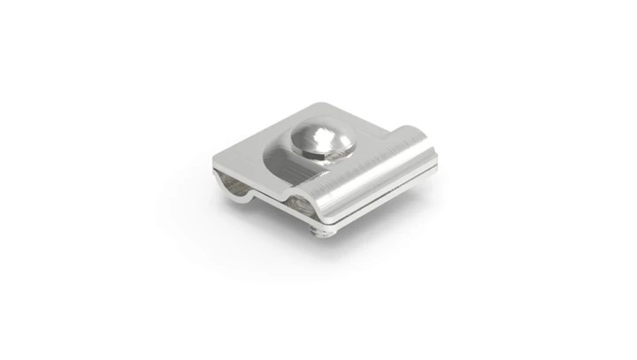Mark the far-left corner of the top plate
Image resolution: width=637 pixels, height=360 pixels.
tap(214, 159)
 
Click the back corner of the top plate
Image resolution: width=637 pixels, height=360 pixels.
tap(329, 105)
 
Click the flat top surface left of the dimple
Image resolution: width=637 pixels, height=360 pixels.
tap(249, 152)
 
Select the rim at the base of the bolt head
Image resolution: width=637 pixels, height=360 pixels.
tap(320, 156)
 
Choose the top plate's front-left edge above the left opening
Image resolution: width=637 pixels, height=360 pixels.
tap(234, 169)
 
